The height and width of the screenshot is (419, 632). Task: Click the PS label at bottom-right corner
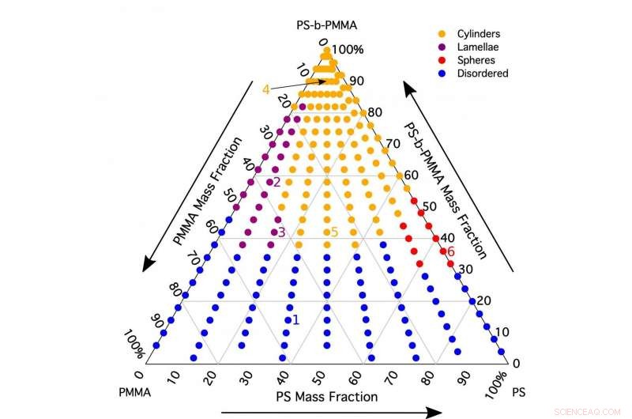pos(519,391)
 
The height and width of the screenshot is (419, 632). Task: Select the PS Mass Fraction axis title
pos(325,396)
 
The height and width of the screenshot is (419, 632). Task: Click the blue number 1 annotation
pos(295,319)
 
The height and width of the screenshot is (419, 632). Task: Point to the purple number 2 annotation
pos(277,182)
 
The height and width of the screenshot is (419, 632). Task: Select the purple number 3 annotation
pos(281,232)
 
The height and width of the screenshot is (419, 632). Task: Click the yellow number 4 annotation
pos(266,89)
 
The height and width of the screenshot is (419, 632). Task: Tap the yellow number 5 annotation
pos(334,232)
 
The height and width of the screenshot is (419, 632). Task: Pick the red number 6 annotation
pos(451,251)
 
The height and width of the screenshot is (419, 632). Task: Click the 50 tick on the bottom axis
pos(320,374)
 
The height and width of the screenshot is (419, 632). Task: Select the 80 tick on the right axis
pos(374,112)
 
